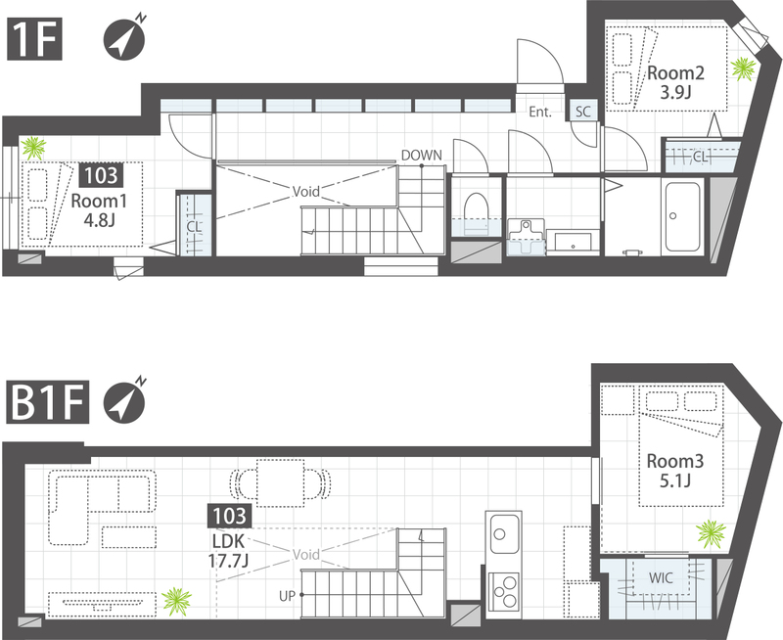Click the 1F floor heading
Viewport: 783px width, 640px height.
pos(34,39)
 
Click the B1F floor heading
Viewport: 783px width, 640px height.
pos(48,402)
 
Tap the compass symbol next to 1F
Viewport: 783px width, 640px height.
pos(124,38)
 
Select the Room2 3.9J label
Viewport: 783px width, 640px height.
pos(675,82)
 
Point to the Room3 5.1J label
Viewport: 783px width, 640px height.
pos(675,471)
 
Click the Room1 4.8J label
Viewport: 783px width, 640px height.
pos(99,210)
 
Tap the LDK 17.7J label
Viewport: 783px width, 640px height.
pos(229,551)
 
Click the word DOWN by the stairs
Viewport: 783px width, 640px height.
pos(422,156)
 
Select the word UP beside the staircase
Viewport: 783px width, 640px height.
pos(287,596)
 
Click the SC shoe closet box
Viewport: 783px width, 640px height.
pos(582,111)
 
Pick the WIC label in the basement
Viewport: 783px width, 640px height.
pos(661,578)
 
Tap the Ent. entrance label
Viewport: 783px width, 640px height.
pos(540,112)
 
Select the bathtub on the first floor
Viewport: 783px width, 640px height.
pos(682,216)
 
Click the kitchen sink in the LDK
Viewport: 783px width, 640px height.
pos(504,533)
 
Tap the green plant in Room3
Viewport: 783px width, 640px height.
pos(712,533)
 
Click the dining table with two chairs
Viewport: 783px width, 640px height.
pos(280,482)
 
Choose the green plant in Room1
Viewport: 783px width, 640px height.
pos(33,148)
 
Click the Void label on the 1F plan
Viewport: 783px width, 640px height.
pos(305,191)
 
